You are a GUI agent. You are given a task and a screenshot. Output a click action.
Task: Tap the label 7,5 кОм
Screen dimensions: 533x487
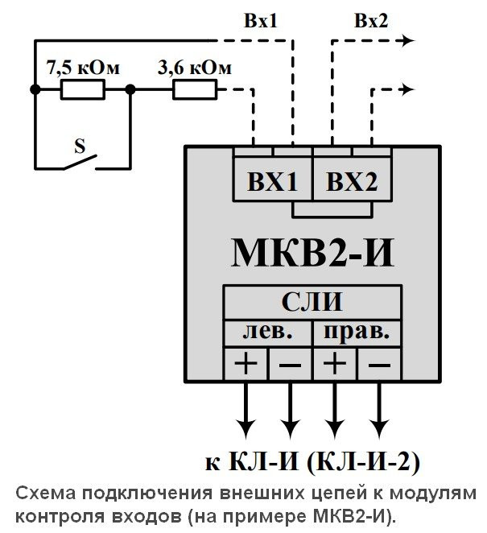point(83,68)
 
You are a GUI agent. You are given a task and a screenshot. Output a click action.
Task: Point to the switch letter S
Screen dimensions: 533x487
point(80,146)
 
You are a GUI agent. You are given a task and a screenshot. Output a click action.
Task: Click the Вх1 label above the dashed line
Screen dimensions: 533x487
point(261,21)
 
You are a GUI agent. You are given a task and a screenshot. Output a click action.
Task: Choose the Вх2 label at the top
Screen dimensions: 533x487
point(371,21)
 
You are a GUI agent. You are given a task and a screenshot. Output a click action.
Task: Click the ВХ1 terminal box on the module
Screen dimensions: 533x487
point(272,182)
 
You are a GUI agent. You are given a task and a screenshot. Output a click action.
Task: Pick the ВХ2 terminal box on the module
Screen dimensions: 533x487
point(352,182)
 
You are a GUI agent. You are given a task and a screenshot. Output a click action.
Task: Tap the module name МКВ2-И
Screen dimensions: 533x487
point(313,250)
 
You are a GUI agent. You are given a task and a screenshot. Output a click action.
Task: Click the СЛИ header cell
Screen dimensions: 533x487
point(312,302)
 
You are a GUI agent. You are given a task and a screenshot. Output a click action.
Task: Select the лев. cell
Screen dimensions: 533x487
point(268,331)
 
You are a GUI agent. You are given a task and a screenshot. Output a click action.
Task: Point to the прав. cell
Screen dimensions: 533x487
point(357,331)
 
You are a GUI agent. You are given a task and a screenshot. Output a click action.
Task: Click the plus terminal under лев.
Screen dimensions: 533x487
point(246,364)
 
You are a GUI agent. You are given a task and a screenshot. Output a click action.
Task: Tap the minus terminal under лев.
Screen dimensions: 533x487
point(290,364)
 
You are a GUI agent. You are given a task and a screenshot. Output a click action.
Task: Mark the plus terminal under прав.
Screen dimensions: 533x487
point(335,364)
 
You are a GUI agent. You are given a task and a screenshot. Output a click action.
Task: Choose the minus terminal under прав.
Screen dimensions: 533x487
point(379,364)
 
